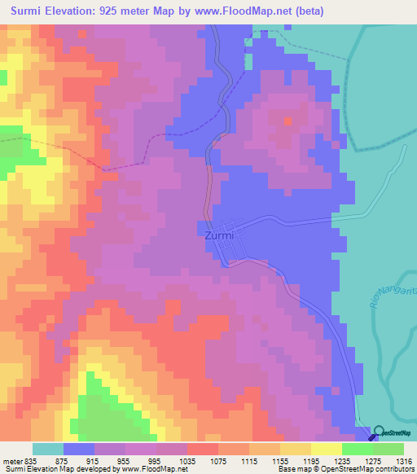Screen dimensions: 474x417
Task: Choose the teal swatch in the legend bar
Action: coord(48,449)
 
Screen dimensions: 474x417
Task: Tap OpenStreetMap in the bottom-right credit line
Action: coord(336,469)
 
